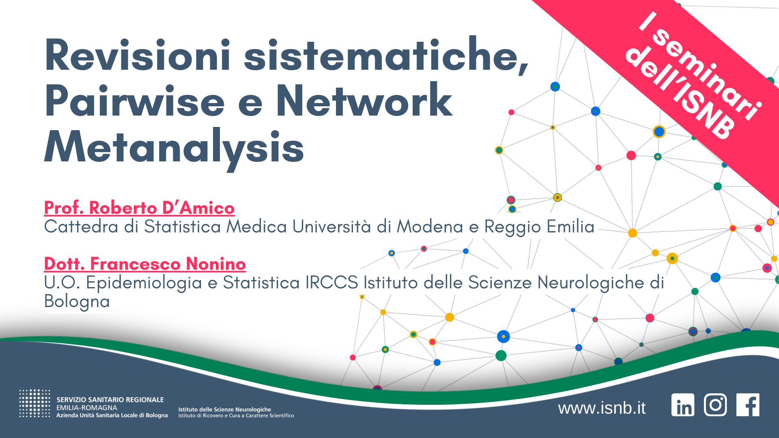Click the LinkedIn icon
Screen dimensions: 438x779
click(683, 405)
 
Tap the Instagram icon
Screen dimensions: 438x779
click(715, 405)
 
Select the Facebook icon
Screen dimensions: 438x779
click(748, 405)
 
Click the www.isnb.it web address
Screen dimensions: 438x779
click(602, 408)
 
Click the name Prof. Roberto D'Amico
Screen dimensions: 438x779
click(139, 208)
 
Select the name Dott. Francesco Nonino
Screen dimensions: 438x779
click(145, 264)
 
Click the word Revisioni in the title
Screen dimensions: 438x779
click(137, 56)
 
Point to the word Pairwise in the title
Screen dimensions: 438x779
click(134, 101)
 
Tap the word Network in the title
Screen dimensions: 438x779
click(364, 101)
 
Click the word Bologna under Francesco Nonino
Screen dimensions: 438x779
click(77, 301)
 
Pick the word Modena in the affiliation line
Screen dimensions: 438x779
click(430, 226)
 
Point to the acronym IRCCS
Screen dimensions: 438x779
click(331, 282)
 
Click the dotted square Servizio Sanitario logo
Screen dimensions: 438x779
click(34, 404)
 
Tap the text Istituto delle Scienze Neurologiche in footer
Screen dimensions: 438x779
click(224, 409)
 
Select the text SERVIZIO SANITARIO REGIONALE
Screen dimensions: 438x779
click(110, 400)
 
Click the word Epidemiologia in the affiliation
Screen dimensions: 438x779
click(144, 283)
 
